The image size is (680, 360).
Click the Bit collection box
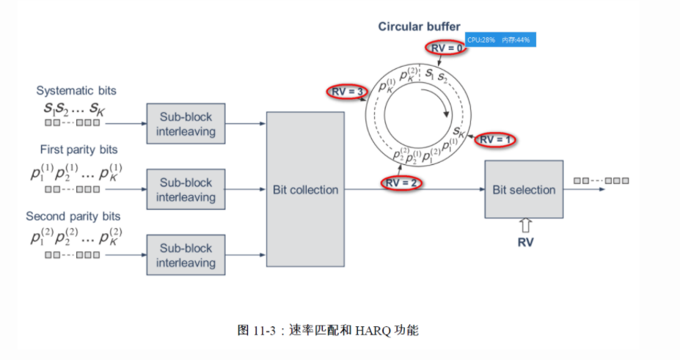[x=305, y=189]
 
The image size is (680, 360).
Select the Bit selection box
[x=524, y=189]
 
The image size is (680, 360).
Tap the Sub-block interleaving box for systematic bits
[x=186, y=124]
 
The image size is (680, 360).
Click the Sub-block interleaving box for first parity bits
[x=186, y=190]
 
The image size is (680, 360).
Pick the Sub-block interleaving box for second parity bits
[x=186, y=255]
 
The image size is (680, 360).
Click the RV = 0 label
[x=446, y=48]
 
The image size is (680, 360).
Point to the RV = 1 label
[x=497, y=139]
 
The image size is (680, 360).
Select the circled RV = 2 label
[x=401, y=183]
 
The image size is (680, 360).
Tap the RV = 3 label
[x=346, y=92]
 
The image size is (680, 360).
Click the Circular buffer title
[x=419, y=26]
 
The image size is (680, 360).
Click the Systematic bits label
[x=76, y=90]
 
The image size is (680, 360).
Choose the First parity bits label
[x=76, y=149]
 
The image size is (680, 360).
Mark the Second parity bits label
[x=73, y=216]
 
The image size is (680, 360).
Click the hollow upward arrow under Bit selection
[x=524, y=224]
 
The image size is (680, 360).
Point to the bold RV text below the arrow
[x=524, y=242]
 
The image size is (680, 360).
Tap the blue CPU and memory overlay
[x=499, y=40]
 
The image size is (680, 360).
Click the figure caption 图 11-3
[x=328, y=331]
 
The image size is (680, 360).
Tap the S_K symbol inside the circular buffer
[x=459, y=132]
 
